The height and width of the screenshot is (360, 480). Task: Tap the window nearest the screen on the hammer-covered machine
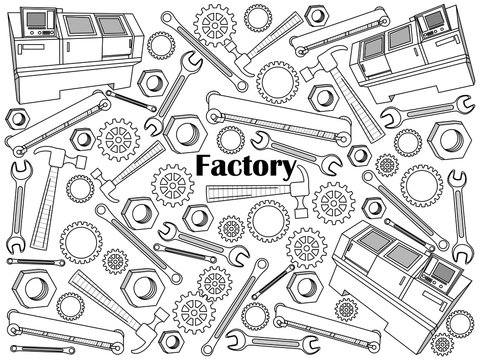(401, 37)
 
